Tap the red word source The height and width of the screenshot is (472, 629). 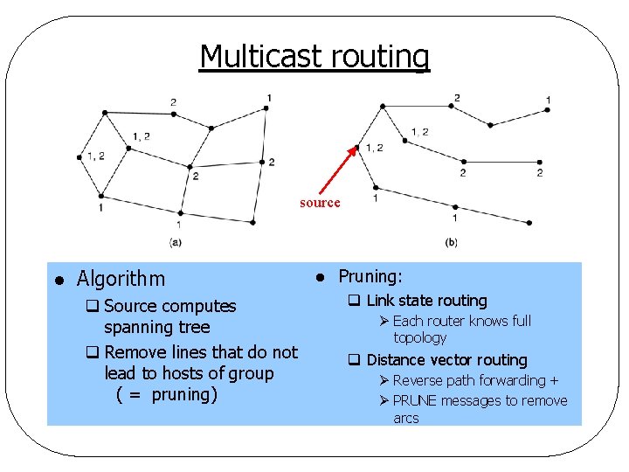click(320, 203)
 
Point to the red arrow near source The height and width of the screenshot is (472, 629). click(337, 170)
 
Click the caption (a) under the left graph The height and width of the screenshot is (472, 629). click(176, 241)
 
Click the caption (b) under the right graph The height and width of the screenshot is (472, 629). click(451, 241)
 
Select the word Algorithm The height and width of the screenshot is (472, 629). click(121, 279)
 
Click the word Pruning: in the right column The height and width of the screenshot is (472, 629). click(370, 276)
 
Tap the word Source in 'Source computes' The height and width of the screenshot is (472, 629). click(128, 306)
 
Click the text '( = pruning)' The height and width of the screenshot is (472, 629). click(166, 394)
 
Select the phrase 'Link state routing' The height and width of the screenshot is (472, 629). click(426, 301)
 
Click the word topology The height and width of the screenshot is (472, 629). click(419, 337)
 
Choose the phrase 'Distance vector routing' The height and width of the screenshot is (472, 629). click(446, 360)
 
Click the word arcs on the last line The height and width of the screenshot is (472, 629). click(406, 418)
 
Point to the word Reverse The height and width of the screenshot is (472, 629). click(418, 380)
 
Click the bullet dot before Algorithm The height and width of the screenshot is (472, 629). click(57, 281)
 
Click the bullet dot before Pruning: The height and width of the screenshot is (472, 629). click(320, 277)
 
